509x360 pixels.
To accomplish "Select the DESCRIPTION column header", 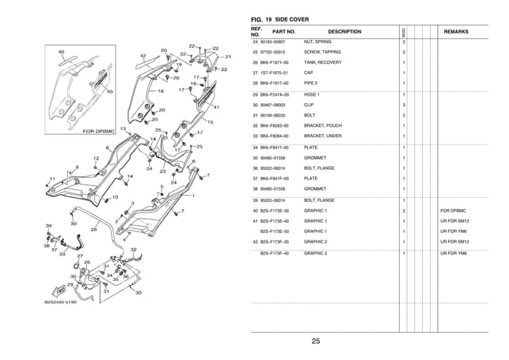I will [345, 32].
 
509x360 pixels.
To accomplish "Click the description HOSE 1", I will [314, 94].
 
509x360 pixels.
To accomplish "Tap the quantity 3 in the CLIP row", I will [404, 105].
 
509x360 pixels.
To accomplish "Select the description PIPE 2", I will [314, 83].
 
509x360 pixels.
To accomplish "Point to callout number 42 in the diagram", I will [143, 56].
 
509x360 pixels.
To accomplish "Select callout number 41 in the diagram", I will [215, 107].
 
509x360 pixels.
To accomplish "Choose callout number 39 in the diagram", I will [49, 226].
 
